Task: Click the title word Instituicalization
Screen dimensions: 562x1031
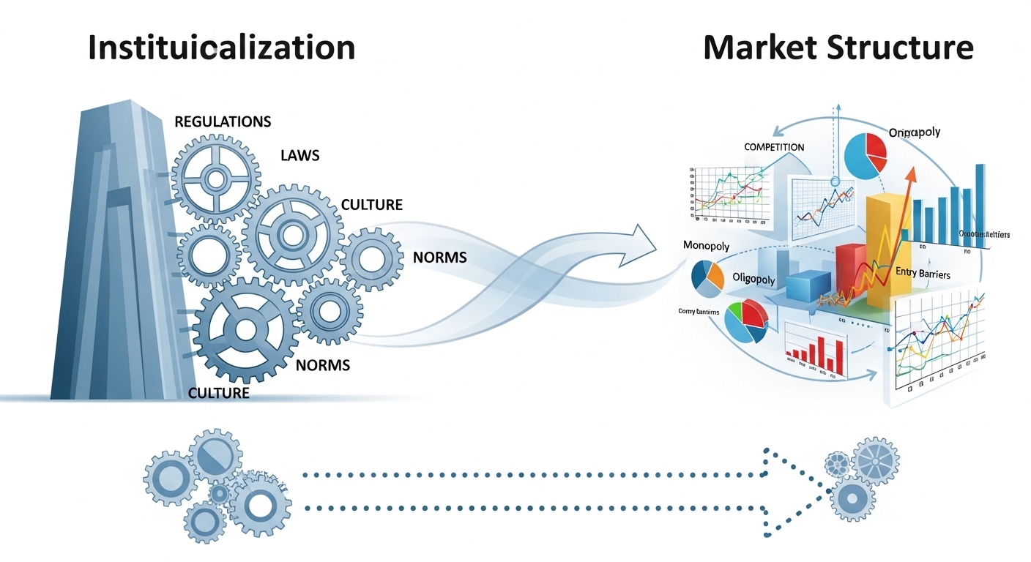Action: [221, 48]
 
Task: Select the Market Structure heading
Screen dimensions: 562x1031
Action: [838, 48]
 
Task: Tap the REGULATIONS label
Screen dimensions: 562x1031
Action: [223, 121]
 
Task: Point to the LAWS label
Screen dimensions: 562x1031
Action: [299, 156]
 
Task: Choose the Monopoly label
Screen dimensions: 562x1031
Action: [705, 246]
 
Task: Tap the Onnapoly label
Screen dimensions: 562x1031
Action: [914, 133]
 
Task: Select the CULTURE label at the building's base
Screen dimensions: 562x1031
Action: [219, 393]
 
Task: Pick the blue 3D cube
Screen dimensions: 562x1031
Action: [808, 285]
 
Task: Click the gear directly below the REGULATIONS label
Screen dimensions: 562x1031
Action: [216, 179]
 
